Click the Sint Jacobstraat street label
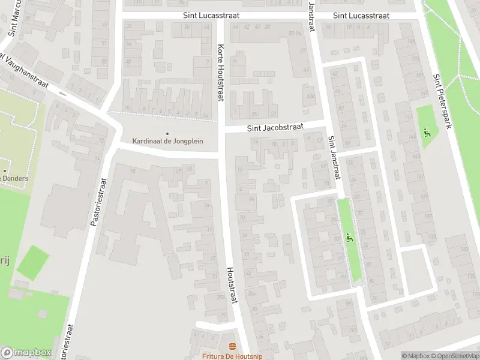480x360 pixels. point(275,127)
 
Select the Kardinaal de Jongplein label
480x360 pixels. point(168,141)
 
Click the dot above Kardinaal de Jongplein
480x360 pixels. point(167,133)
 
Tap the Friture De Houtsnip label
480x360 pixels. point(232,355)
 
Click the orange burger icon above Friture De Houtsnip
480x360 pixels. point(232,346)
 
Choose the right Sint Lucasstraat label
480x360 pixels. point(361,16)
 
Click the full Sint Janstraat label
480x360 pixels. point(334,158)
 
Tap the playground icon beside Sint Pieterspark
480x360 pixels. point(427,132)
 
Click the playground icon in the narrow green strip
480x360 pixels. point(349,238)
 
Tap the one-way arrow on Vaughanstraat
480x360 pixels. point(62,94)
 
